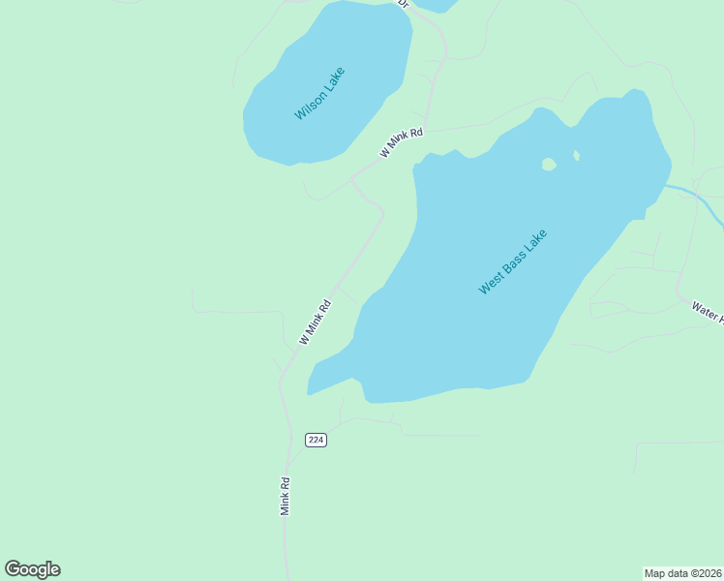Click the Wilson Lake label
click(x=319, y=93)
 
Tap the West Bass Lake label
click(x=513, y=261)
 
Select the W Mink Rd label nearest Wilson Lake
click(x=402, y=143)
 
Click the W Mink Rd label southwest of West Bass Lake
click(x=316, y=322)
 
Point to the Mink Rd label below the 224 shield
click(x=286, y=495)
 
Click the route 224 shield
click(x=316, y=440)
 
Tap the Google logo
click(x=32, y=569)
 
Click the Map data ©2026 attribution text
click(x=682, y=572)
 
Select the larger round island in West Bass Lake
click(x=549, y=165)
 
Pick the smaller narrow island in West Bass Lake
click(x=576, y=155)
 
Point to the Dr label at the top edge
click(x=405, y=4)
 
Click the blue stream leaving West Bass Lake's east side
click(x=697, y=194)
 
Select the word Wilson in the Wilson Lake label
click(x=310, y=105)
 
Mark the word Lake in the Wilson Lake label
click(x=334, y=76)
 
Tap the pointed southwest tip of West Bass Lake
click(x=309, y=392)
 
